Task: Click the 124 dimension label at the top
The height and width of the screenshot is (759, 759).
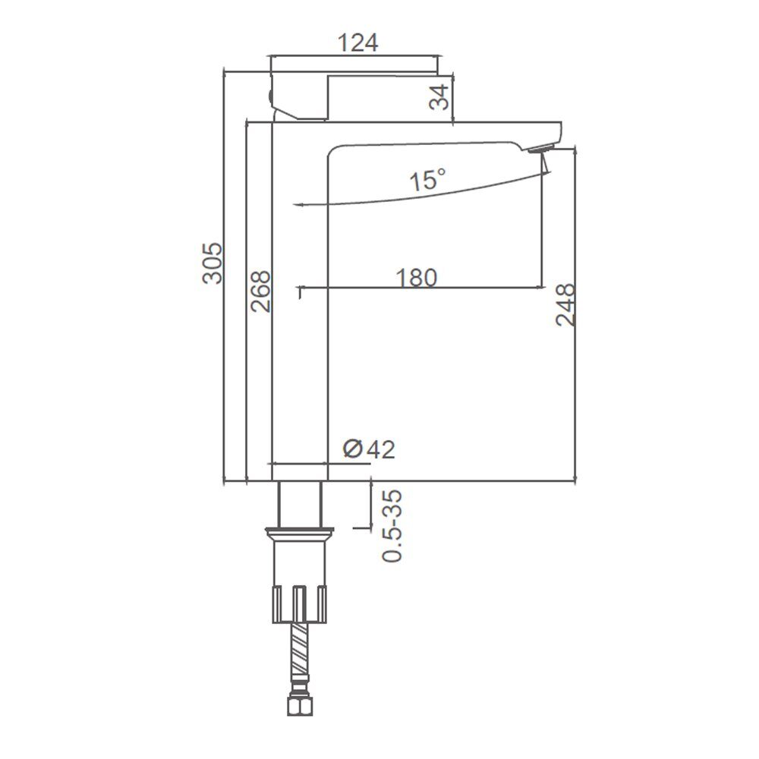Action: pyautogui.click(x=357, y=43)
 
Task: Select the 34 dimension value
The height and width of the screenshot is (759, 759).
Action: pyautogui.click(x=439, y=97)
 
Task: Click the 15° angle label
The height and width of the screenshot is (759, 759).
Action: pyautogui.click(x=427, y=180)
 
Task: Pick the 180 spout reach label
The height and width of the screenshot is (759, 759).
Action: pyautogui.click(x=416, y=278)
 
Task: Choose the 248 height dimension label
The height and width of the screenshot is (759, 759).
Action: pyautogui.click(x=565, y=305)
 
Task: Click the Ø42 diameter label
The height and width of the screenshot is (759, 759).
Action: pyautogui.click(x=369, y=449)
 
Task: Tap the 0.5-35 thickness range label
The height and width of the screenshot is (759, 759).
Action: pyautogui.click(x=392, y=526)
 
